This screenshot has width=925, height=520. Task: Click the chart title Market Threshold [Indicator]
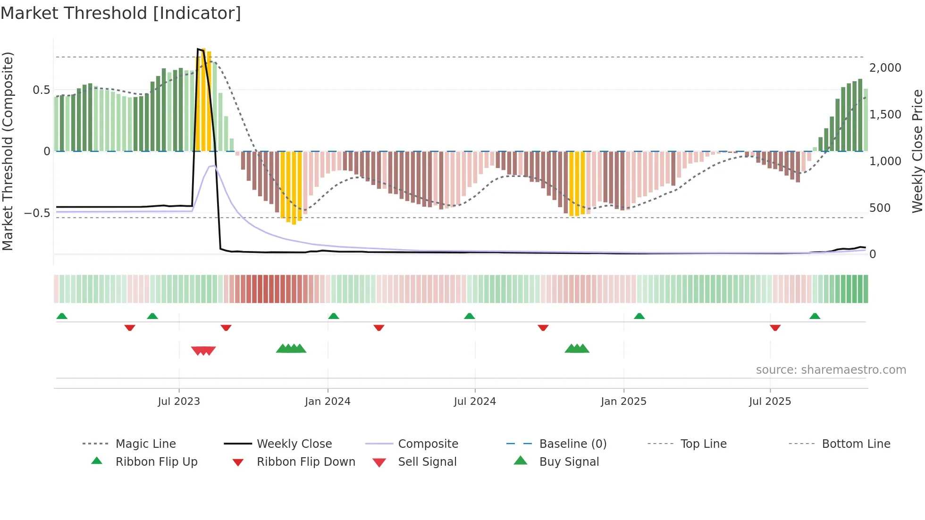coord(121,13)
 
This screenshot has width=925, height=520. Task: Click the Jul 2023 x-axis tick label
coord(179,402)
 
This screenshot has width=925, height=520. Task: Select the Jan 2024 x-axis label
coord(328,402)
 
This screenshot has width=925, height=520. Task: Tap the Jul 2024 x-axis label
coord(475,402)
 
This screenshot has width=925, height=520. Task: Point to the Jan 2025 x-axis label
coord(623,402)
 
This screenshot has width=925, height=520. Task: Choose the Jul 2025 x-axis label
coord(770,402)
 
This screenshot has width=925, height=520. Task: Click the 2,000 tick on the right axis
coord(885,68)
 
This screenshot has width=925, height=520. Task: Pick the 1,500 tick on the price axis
coord(885,115)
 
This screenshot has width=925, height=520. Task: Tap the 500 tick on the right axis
coord(880,208)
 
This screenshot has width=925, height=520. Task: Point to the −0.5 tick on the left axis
coord(37,213)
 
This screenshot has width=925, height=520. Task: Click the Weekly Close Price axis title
coord(917,151)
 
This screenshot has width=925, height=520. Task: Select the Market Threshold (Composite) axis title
coord(8,151)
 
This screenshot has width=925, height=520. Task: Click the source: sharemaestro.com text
coord(831,370)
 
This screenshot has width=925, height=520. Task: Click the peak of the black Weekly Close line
coord(198,49)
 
